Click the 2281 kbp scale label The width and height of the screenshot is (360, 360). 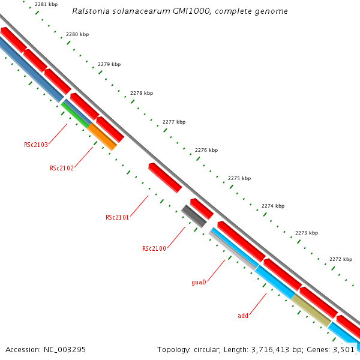[46, 4]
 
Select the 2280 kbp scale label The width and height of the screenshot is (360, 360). [77, 34]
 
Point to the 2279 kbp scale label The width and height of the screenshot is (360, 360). [109, 64]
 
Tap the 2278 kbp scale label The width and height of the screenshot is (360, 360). [142, 93]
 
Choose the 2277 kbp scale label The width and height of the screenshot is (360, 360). [174, 122]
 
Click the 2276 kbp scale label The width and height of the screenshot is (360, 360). [206, 150]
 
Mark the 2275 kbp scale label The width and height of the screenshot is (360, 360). [239, 178]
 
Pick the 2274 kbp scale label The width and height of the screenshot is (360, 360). [273, 206]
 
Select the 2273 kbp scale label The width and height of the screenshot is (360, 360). [307, 233]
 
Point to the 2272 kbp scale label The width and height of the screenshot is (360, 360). [341, 259]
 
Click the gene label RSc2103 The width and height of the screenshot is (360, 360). [36, 145]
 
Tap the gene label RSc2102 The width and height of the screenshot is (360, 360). [62, 168]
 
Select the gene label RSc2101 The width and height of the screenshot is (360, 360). [118, 217]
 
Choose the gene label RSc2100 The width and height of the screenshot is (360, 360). [154, 248]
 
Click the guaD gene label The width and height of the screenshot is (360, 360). [199, 281]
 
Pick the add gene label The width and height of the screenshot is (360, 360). [243, 316]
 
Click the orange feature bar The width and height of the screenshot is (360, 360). [102, 137]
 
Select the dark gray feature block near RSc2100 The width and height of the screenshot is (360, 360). [194, 216]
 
